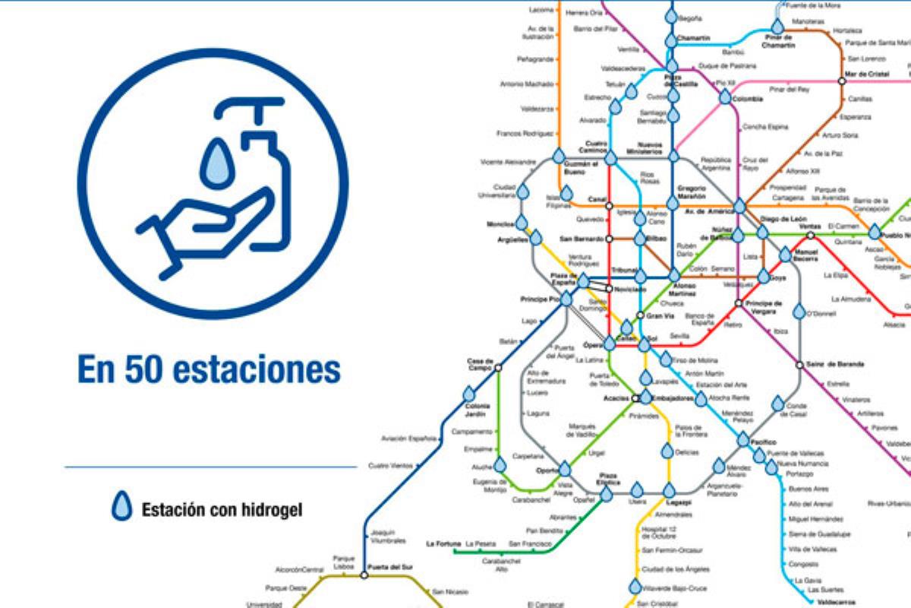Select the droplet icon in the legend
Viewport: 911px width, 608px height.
[121, 507]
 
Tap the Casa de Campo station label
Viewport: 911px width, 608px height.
[480, 364]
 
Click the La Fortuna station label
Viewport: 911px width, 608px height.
[440, 543]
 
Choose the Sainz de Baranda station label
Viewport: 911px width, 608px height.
[835, 365]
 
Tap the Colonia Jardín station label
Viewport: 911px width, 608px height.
[478, 411]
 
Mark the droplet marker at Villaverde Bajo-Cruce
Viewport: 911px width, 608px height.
[635, 587]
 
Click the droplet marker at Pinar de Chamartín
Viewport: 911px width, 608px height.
[778, 27]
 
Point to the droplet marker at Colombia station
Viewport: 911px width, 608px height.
[725, 97]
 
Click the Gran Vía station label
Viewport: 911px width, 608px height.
[659, 315]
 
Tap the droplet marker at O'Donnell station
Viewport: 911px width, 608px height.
[799, 312]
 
